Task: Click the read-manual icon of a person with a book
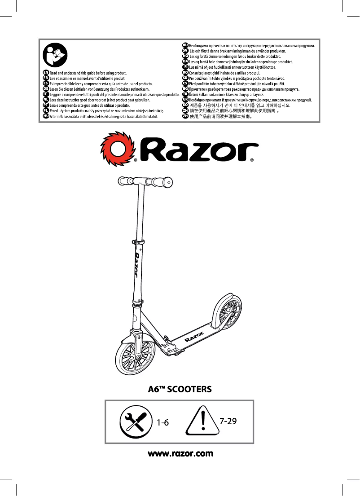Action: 55,56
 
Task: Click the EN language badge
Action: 45,72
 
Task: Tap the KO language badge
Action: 185,105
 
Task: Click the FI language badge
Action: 185,67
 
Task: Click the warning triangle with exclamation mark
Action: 203,420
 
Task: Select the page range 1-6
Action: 162,422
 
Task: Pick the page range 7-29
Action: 228,421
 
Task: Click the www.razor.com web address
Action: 180,454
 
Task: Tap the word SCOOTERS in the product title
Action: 189,389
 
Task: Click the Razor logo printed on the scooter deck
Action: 195,336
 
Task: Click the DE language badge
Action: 45,89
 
